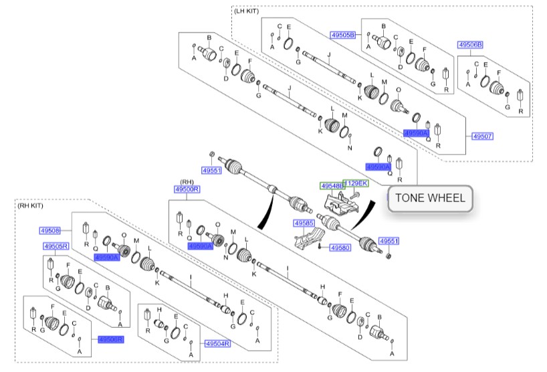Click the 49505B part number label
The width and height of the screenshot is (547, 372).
[342, 33]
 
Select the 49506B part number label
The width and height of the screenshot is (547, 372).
[470, 44]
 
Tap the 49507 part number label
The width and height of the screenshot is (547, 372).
[482, 136]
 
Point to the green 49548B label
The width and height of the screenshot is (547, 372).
[331, 185]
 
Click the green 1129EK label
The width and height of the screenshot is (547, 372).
[356, 183]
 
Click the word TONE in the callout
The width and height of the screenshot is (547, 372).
[411, 198]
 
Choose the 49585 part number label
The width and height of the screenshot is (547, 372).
[303, 222]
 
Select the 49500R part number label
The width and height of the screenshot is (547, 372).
[187, 190]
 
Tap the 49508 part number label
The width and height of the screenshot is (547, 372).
[50, 230]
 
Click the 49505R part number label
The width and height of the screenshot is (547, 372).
[56, 246]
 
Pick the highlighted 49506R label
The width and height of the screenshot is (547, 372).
[111, 339]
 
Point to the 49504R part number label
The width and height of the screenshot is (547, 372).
[217, 343]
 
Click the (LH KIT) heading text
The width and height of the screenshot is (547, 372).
[246, 11]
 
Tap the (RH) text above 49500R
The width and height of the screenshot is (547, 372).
[186, 182]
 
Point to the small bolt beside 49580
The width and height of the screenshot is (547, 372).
[321, 246]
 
